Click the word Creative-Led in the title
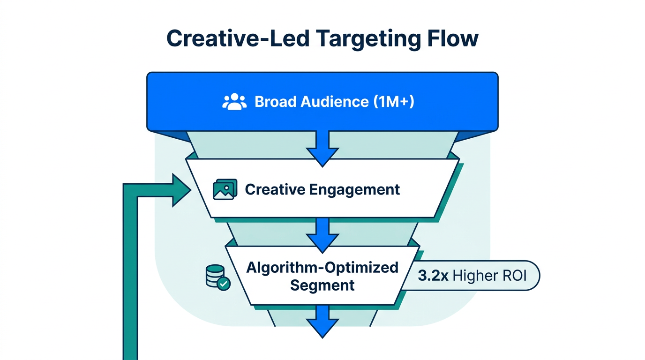click(237, 38)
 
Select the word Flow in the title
click(452, 38)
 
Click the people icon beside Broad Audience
click(234, 102)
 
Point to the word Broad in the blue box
click(273, 102)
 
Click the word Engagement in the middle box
click(354, 189)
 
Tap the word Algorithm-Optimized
click(322, 268)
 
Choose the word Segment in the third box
click(322, 285)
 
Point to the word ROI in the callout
click(515, 275)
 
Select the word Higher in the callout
click(476, 275)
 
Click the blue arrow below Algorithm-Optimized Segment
click(322, 321)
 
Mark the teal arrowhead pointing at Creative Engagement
click(180, 190)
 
